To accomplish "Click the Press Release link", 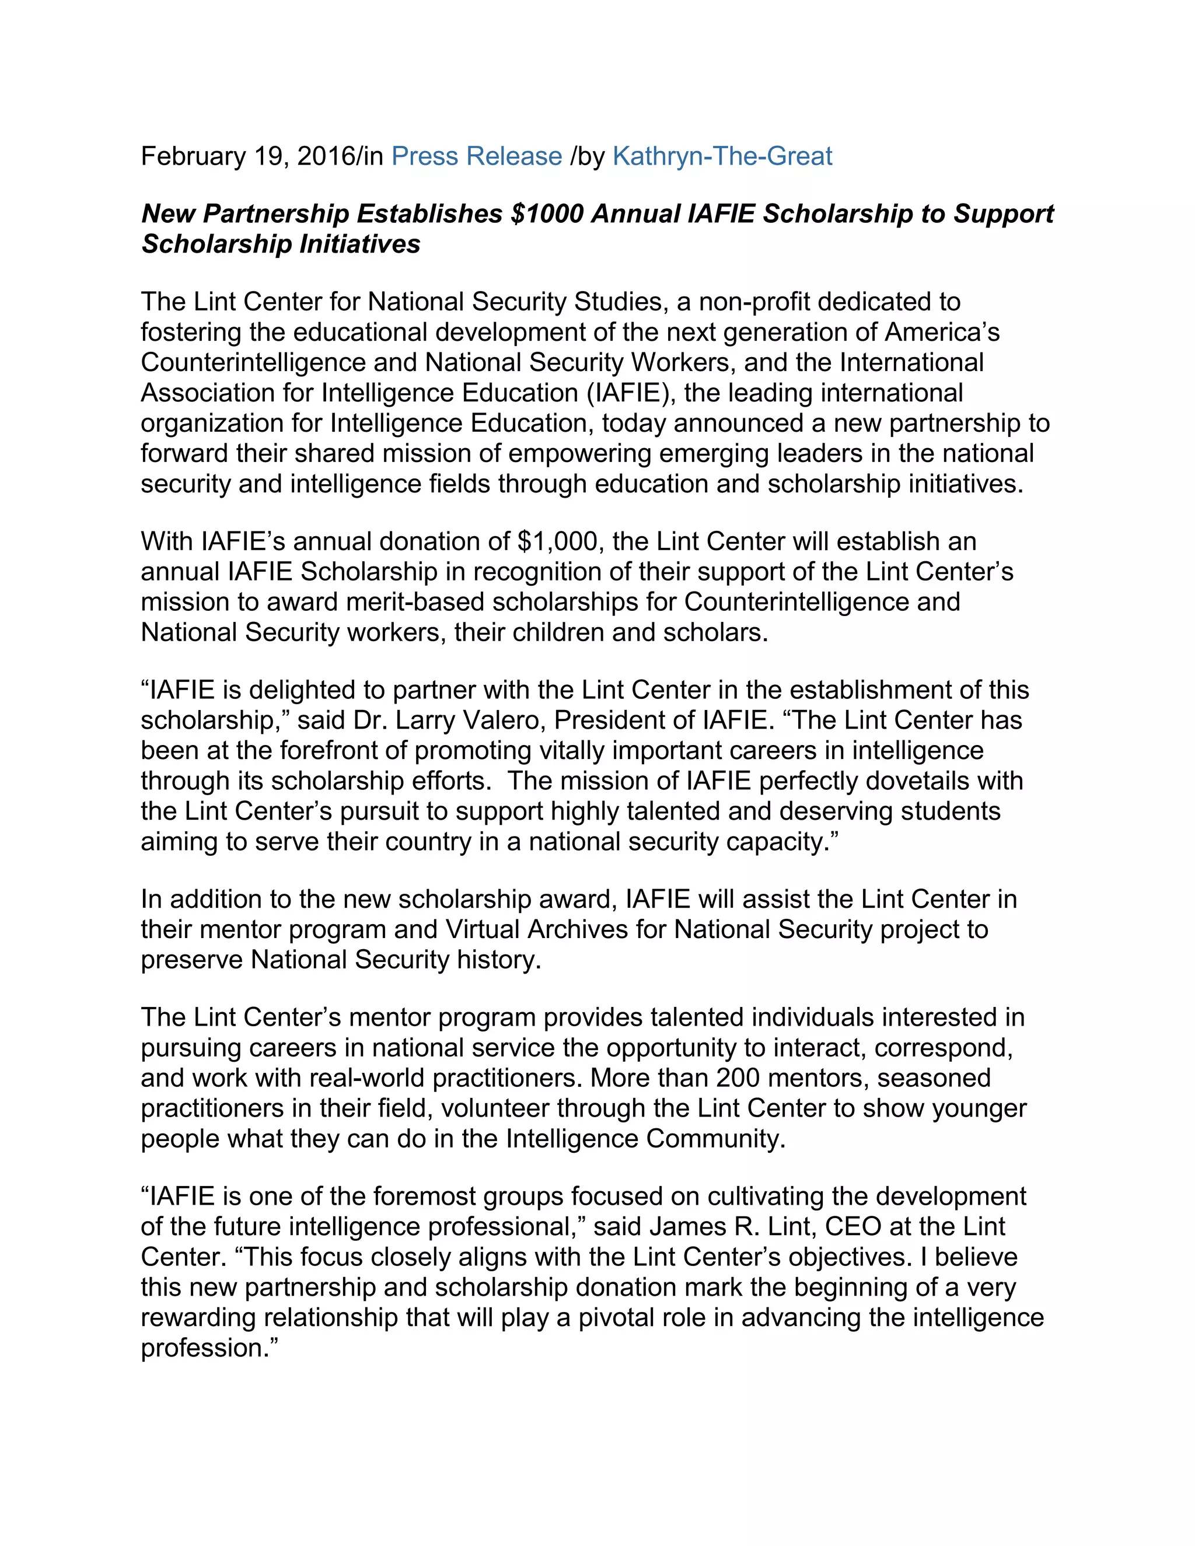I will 477,156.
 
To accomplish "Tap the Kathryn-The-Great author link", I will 722,156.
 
